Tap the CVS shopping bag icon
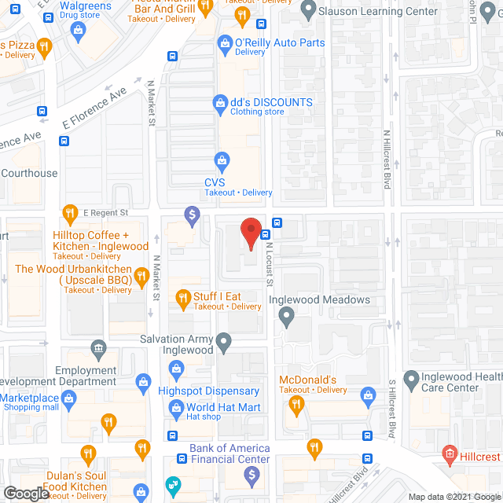222,163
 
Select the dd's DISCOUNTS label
271,103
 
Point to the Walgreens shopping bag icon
77,30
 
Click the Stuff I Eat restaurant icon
182,297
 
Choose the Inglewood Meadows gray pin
286,316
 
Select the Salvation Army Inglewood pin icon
225,341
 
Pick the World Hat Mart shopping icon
176,408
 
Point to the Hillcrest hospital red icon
449,453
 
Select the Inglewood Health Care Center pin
410,380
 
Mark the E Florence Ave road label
95,108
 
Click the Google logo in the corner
25,494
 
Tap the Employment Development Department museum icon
98,347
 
